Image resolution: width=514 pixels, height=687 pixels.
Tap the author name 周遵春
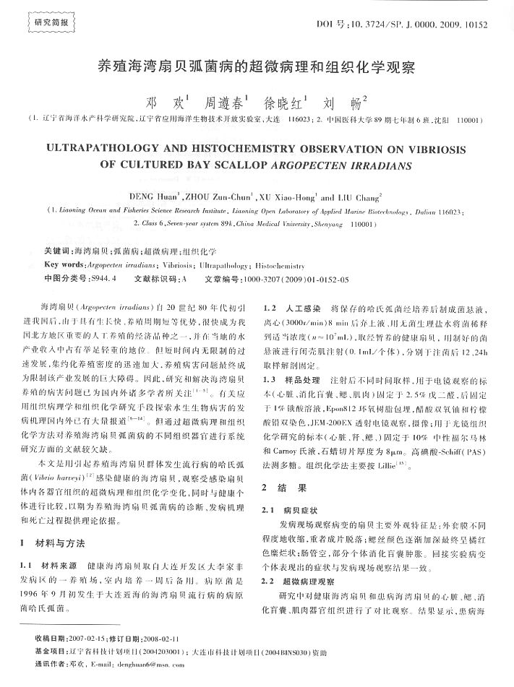pos(226,100)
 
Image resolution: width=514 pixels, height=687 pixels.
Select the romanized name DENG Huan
pos(156,196)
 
